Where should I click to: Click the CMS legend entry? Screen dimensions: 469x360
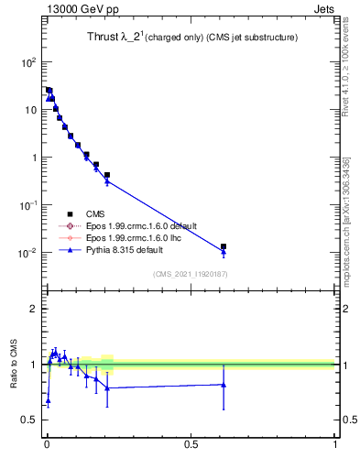(x=93, y=213)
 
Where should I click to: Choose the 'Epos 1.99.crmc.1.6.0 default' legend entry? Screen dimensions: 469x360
(x=139, y=225)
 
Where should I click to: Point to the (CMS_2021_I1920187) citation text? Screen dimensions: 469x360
(x=190, y=273)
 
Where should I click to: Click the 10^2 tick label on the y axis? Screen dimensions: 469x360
(x=27, y=62)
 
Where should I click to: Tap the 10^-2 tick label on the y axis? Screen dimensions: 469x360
(x=27, y=253)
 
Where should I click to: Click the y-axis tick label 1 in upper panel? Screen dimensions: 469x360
(x=33, y=158)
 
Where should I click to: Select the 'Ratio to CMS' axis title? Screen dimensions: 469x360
(x=15, y=365)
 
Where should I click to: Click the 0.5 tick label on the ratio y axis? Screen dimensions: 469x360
(x=29, y=420)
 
